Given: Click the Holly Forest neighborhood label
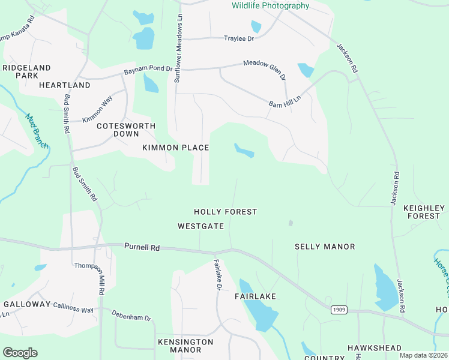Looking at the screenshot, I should pyautogui.click(x=225, y=212).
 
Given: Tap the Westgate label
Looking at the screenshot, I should pyautogui.click(x=200, y=226).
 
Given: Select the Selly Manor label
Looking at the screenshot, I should pyautogui.click(x=325, y=247).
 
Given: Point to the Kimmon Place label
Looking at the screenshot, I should pyautogui.click(x=175, y=148).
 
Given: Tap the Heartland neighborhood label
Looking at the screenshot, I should pyautogui.click(x=64, y=85).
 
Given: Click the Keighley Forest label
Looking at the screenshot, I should pyautogui.click(x=424, y=212).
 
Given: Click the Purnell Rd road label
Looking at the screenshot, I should pyautogui.click(x=142, y=247).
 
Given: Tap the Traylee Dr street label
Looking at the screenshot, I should pyautogui.click(x=239, y=38).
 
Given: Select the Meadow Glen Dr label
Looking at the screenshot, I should pyautogui.click(x=265, y=70).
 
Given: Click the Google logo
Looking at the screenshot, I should pyautogui.click(x=20, y=353).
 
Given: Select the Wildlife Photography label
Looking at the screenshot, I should pyautogui.click(x=271, y=6).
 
